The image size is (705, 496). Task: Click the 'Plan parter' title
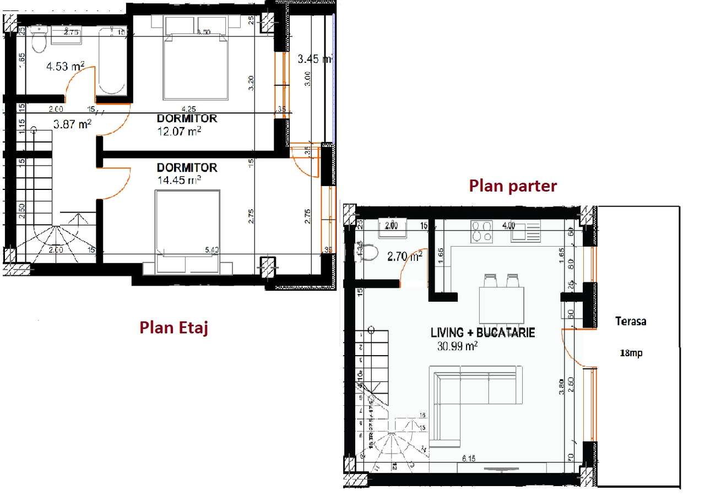(512, 186)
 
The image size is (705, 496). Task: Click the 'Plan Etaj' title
(173, 328)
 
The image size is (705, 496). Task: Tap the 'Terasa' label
(631, 321)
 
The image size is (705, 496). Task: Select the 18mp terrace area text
(631, 353)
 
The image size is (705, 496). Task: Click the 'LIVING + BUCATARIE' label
(482, 333)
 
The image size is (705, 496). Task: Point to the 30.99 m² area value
(457, 346)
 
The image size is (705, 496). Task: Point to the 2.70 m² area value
(404, 255)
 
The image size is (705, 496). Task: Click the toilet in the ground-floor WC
(370, 252)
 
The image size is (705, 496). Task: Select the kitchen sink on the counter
(525, 231)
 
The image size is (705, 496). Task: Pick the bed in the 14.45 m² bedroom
(187, 231)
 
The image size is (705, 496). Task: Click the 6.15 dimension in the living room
(469, 458)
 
